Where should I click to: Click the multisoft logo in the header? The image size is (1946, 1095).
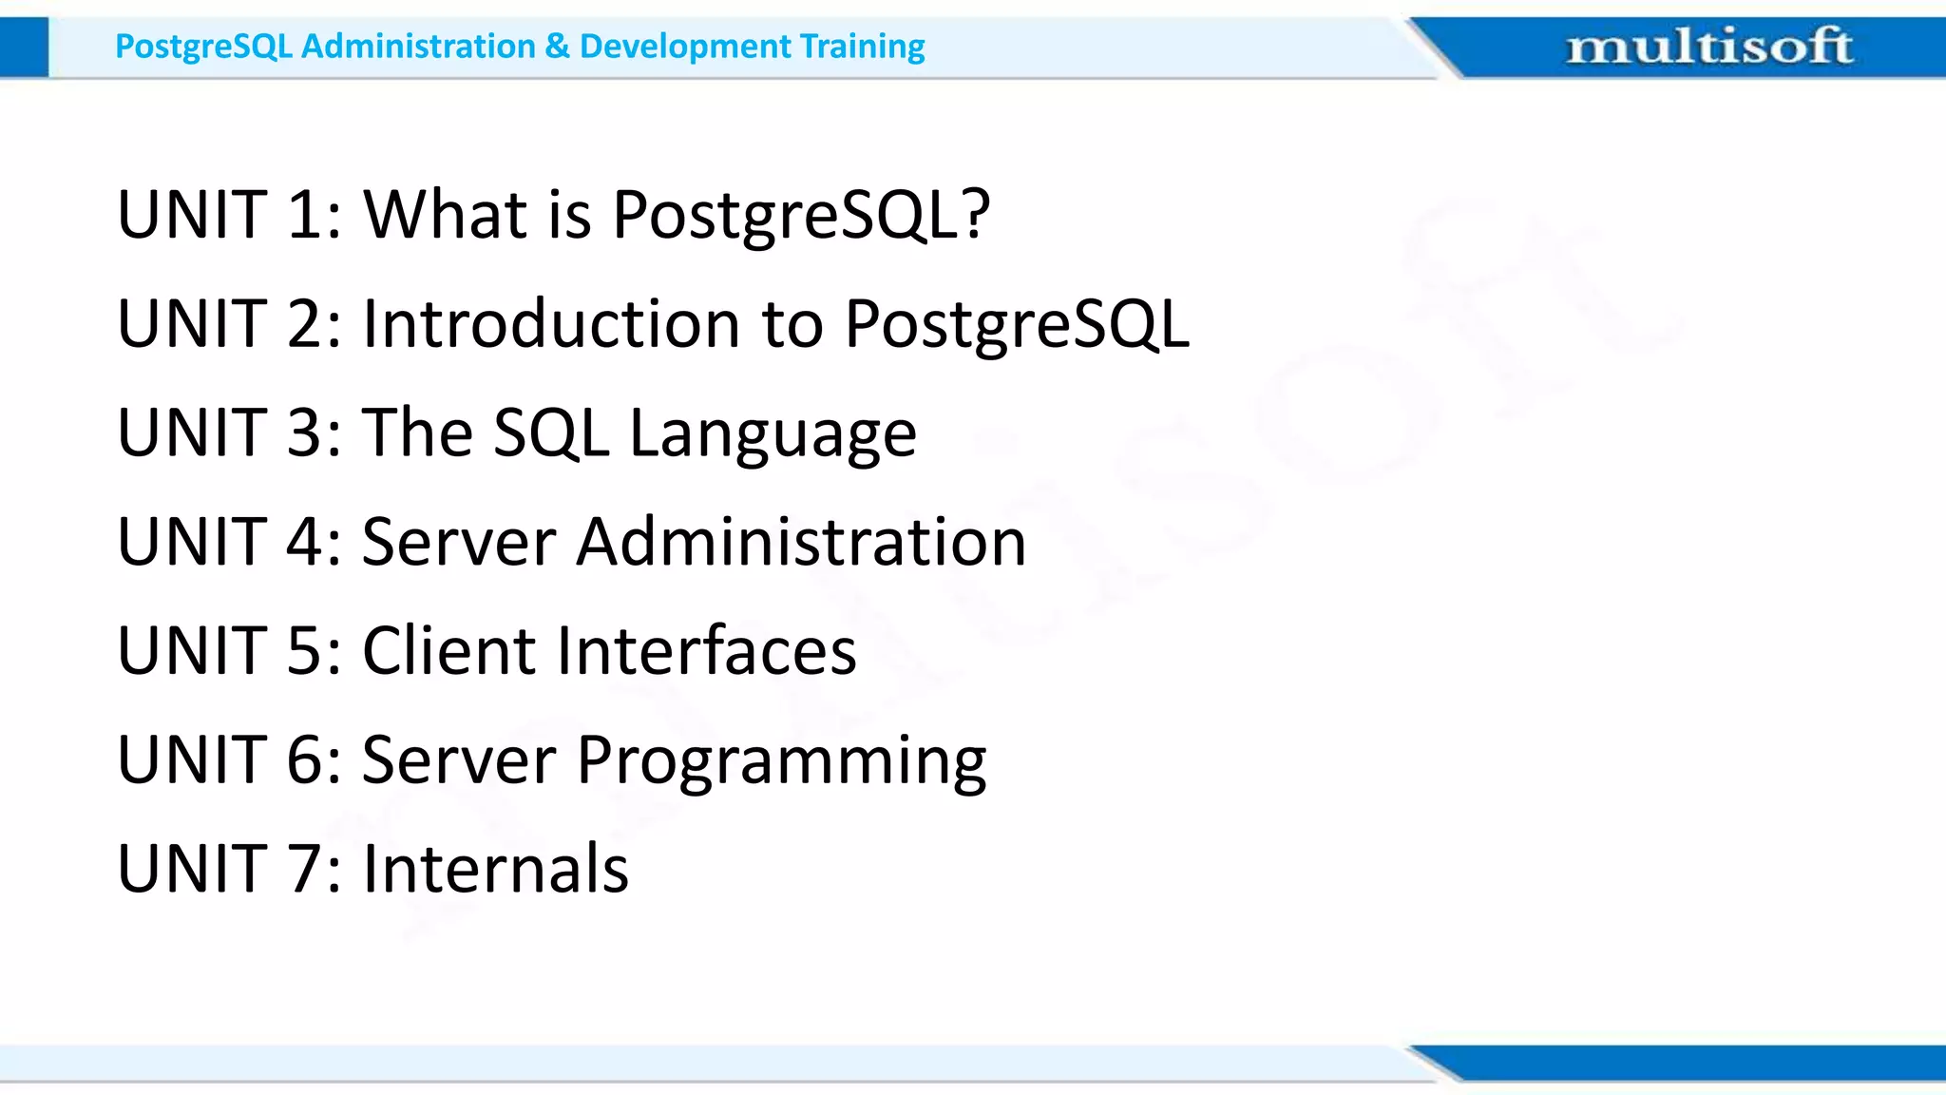point(1708,46)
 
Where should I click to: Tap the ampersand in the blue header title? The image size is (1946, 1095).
point(558,46)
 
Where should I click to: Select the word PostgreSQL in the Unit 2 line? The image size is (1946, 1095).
point(1016,325)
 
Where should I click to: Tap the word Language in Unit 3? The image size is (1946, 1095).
point(773,433)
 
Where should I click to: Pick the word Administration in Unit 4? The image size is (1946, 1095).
point(801,542)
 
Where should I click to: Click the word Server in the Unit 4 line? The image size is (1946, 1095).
point(458,542)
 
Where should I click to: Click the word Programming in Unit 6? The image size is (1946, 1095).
point(781,760)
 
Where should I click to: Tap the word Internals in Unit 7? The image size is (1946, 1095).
point(495,869)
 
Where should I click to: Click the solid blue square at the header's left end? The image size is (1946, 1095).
point(24,48)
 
